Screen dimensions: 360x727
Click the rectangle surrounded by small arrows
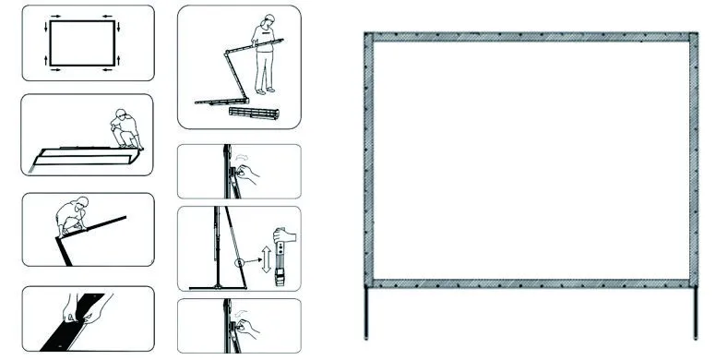point(82,42)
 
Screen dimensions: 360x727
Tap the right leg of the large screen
point(694,312)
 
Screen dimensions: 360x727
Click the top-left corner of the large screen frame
point(370,37)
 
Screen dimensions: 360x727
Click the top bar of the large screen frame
point(532,36)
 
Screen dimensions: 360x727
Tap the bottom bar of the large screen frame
point(532,281)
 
